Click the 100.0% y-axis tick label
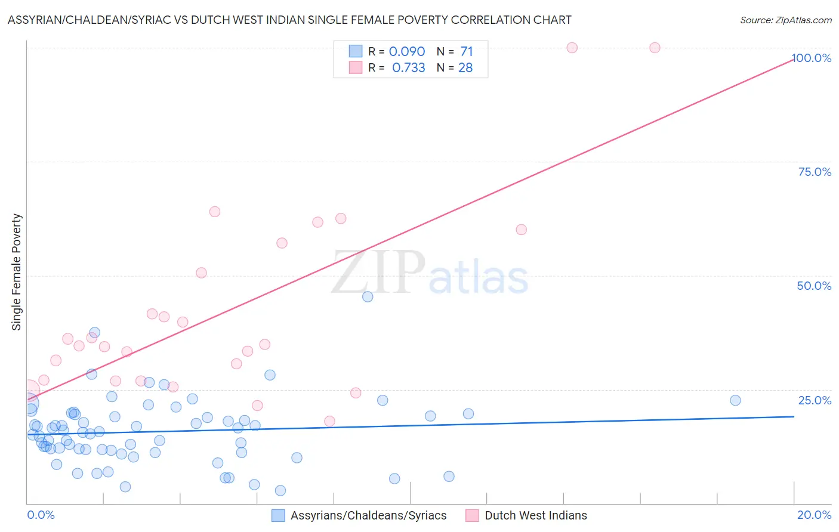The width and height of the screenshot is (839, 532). pos(812,58)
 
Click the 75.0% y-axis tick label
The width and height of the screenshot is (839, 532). pos(815,172)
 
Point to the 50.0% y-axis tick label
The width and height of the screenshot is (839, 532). pos(814,286)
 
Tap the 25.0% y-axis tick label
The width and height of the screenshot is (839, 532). pos(815,400)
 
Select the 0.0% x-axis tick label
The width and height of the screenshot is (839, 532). pos(41,515)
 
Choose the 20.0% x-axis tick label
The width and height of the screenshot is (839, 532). pos(814,515)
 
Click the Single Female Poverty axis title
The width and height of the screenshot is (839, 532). pos(17,272)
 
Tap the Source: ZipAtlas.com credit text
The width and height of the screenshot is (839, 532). pos(785,20)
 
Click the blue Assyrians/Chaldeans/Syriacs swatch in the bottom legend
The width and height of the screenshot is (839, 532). pos(278,515)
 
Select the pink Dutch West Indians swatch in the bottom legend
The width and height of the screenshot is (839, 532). pos(472,515)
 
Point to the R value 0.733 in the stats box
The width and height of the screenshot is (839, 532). pos(408,68)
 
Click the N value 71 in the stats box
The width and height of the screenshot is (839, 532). pos(466,52)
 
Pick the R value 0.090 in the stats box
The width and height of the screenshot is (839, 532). pos(407,52)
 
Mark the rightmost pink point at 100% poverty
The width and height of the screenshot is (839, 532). pos(655,48)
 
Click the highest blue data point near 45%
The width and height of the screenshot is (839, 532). pos(368,296)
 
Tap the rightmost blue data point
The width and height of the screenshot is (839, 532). pos(735,400)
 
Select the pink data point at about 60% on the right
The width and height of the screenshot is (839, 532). pos(521,230)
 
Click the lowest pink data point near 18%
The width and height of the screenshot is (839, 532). pos(329,421)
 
